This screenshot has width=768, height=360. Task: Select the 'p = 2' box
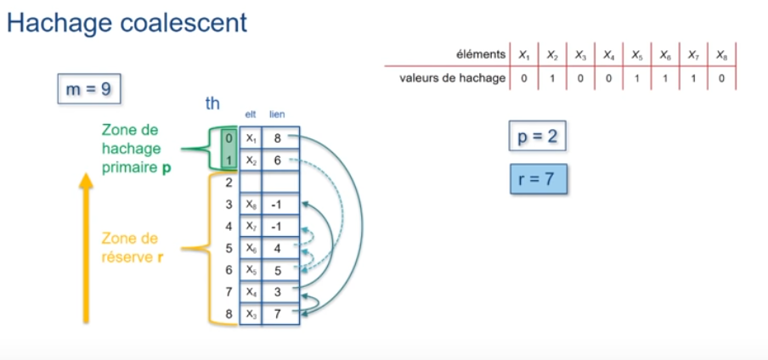537,136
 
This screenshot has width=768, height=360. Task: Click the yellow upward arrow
86,246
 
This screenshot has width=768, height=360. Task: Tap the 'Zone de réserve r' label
132,247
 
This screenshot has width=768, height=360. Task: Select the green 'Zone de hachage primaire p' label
136,149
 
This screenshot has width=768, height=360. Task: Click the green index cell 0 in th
229,138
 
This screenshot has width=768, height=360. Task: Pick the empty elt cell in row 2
251,182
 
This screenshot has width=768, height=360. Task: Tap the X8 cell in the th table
251,205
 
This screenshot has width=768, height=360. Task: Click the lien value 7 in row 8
278,315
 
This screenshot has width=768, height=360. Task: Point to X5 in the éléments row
635,54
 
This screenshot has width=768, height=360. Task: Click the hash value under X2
552,78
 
